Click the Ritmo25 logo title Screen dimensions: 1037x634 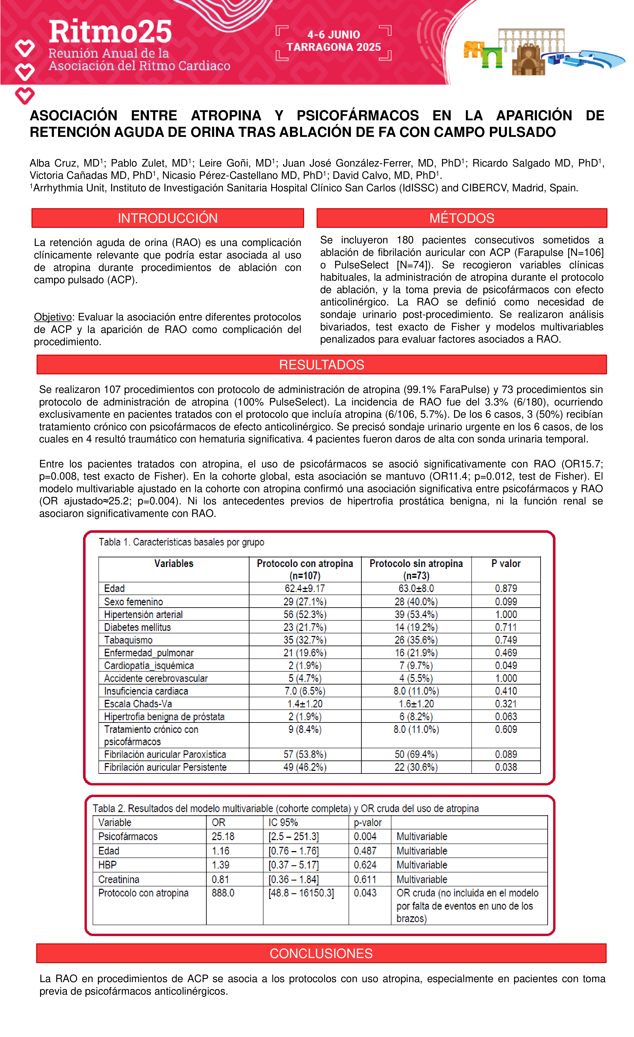click(110, 32)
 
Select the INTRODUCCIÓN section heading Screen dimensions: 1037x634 click(168, 218)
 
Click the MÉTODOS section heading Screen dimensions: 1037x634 click(462, 218)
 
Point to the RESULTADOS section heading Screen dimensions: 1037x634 click(322, 365)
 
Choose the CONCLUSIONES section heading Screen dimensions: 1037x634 click(321, 953)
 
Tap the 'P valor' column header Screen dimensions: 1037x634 click(506, 564)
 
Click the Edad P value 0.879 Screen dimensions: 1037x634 click(506, 588)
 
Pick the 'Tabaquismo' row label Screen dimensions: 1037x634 click(128, 640)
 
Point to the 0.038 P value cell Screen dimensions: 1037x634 click(506, 767)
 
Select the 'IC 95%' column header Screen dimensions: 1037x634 click(283, 822)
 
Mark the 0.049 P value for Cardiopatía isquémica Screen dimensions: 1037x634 click(506, 665)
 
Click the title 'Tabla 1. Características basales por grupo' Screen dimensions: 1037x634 click(181, 542)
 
